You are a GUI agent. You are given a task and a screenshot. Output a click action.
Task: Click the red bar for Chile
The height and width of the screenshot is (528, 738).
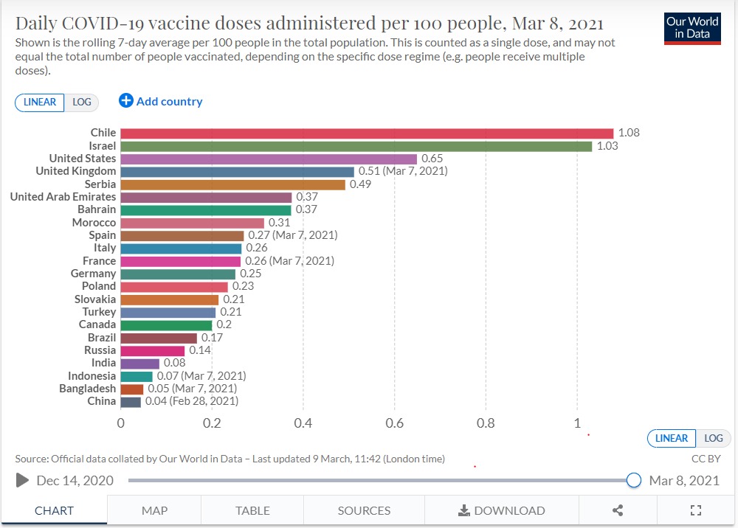367,133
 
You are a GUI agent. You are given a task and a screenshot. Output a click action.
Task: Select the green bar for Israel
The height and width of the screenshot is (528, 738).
356,146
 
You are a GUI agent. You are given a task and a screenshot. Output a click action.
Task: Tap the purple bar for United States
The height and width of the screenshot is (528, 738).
269,159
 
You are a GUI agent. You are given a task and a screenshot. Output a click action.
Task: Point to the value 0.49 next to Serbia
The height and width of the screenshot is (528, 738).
360,184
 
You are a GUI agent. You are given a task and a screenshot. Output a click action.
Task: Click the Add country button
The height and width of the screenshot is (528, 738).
161,102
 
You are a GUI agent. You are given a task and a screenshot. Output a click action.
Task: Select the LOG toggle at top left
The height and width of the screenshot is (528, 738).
82,103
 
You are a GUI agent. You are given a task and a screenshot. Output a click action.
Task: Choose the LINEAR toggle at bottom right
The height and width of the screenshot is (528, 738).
671,438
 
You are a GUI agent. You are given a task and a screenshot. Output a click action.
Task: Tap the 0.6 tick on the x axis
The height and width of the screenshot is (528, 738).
394,423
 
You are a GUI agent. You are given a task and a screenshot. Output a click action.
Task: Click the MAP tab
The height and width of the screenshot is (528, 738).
154,510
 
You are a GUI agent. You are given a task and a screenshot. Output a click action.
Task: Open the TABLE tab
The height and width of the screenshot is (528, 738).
252,510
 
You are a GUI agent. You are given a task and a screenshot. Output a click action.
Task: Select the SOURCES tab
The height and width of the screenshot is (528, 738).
364,510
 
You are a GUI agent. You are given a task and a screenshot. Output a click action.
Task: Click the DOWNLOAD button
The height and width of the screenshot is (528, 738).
501,510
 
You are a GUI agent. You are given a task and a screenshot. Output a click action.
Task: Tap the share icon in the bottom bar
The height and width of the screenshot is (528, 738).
618,510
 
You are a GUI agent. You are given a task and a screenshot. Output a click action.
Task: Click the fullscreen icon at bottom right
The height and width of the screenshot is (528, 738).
694,510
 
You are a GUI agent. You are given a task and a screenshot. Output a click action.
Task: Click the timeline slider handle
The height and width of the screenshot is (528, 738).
633,481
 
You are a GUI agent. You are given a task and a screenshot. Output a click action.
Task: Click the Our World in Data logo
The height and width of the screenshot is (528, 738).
692,27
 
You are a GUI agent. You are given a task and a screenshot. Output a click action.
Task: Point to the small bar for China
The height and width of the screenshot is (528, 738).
131,402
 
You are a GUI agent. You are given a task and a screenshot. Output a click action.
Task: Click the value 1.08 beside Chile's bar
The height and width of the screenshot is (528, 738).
629,133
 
